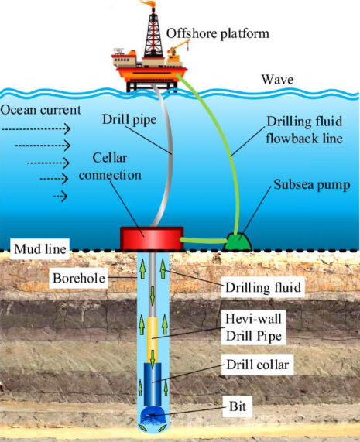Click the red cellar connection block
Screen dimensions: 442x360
[150, 238]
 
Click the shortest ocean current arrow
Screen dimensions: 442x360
[60, 197]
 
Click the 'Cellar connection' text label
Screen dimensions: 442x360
[113, 168]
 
